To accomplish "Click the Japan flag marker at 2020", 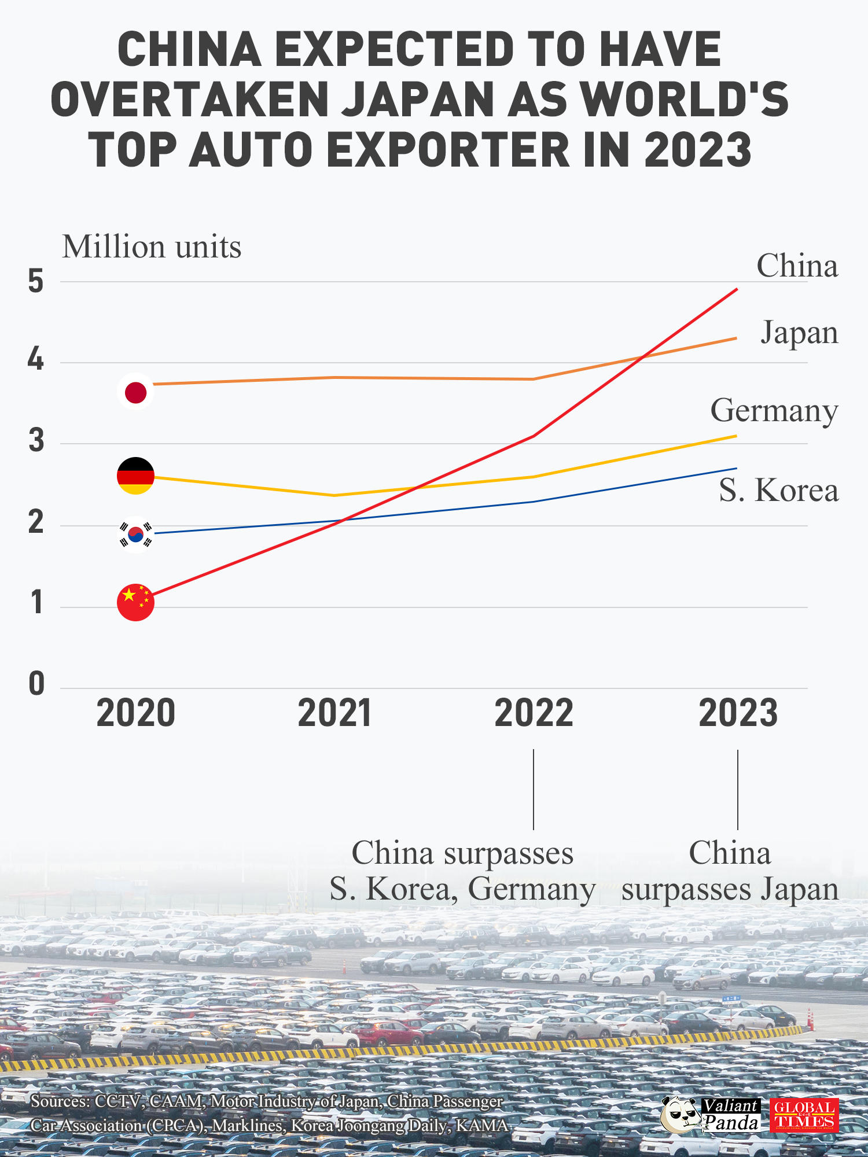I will click(x=135, y=392).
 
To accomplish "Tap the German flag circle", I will click(x=135, y=476).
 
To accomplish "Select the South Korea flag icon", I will click(x=135, y=535).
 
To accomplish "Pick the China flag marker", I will click(x=135, y=602).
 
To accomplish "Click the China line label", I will click(x=797, y=266).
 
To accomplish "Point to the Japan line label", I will click(x=799, y=333).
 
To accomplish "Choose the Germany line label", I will click(x=774, y=411).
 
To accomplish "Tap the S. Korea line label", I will click(x=778, y=490).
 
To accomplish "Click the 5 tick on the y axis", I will click(x=36, y=282).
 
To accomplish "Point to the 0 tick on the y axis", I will click(x=36, y=684).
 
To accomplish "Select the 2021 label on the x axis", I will click(x=334, y=713).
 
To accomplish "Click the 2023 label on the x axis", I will click(x=738, y=713).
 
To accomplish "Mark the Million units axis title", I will click(x=152, y=247).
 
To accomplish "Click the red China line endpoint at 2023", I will click(x=736, y=289).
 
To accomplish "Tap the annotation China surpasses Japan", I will click(x=730, y=871).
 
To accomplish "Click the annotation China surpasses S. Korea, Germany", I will click(x=462, y=871).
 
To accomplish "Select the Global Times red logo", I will click(x=804, y=1115).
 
